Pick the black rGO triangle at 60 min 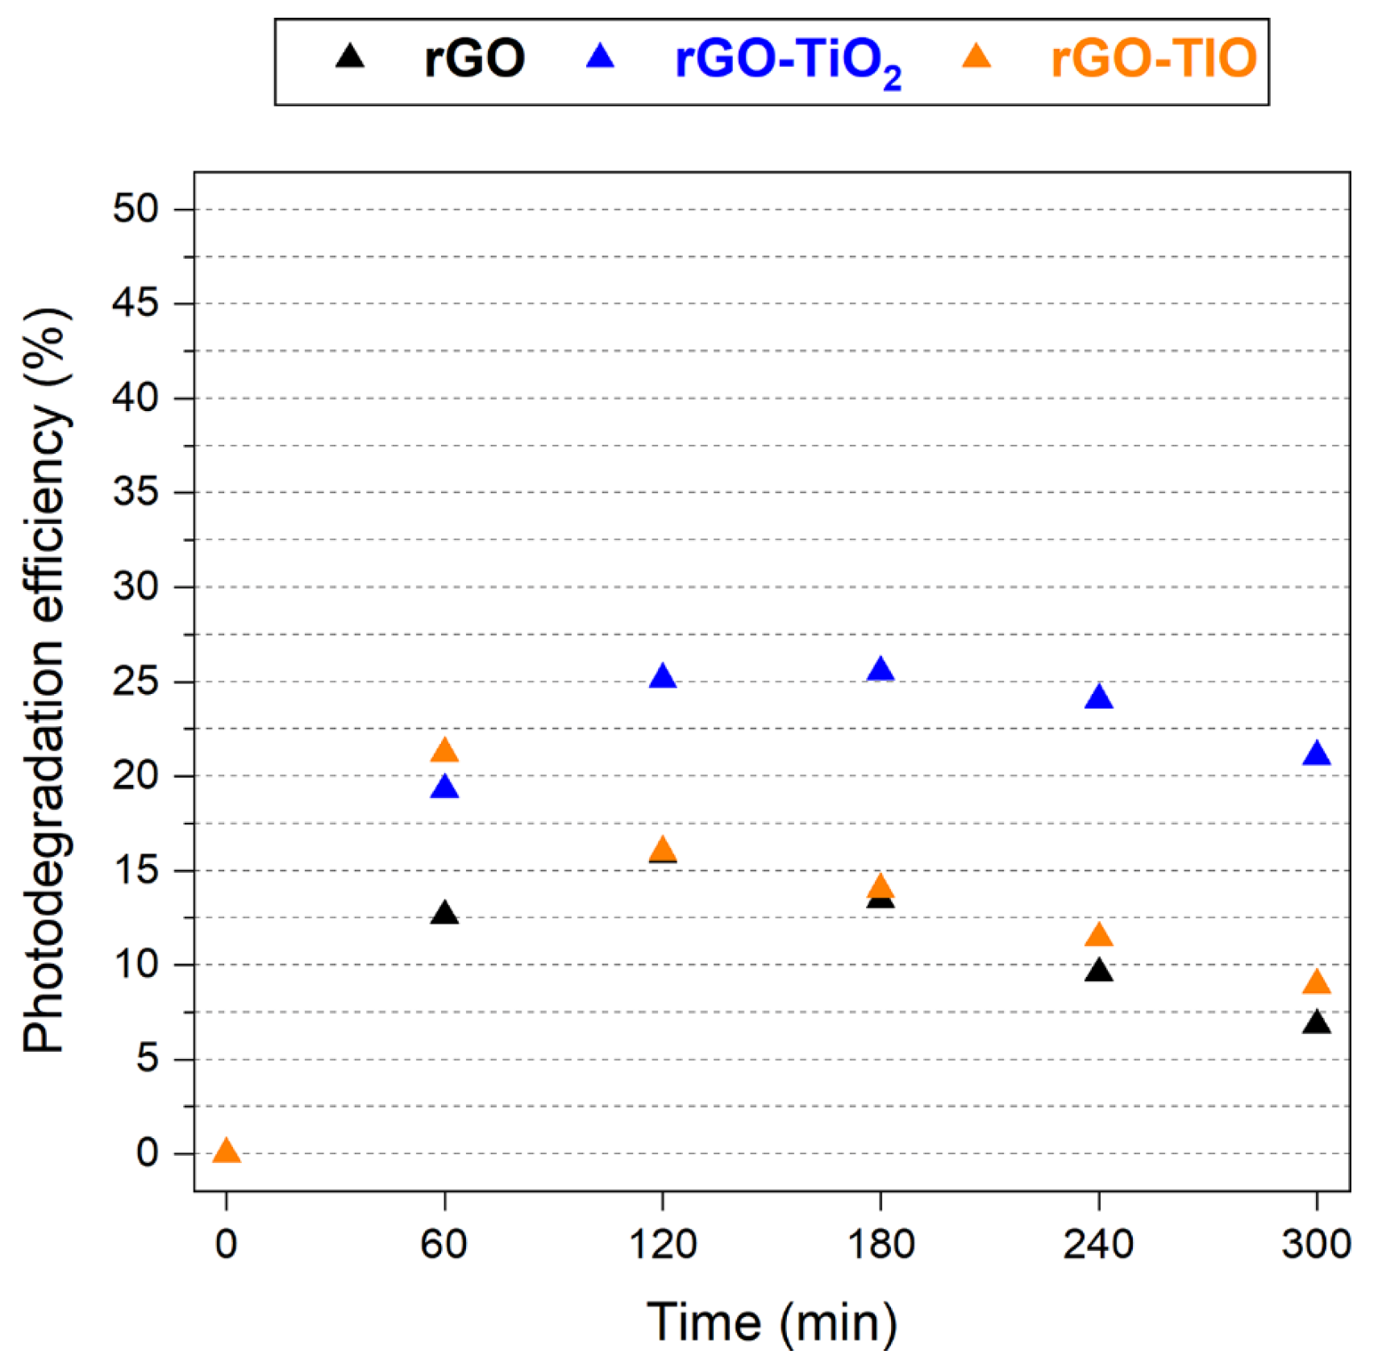click(444, 914)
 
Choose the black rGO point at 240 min click(1098, 971)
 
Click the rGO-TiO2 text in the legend click(787, 61)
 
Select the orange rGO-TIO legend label click(1153, 59)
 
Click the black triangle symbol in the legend click(350, 57)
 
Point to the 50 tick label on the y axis click(135, 209)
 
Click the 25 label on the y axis click(135, 682)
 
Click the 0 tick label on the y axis click(147, 1153)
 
